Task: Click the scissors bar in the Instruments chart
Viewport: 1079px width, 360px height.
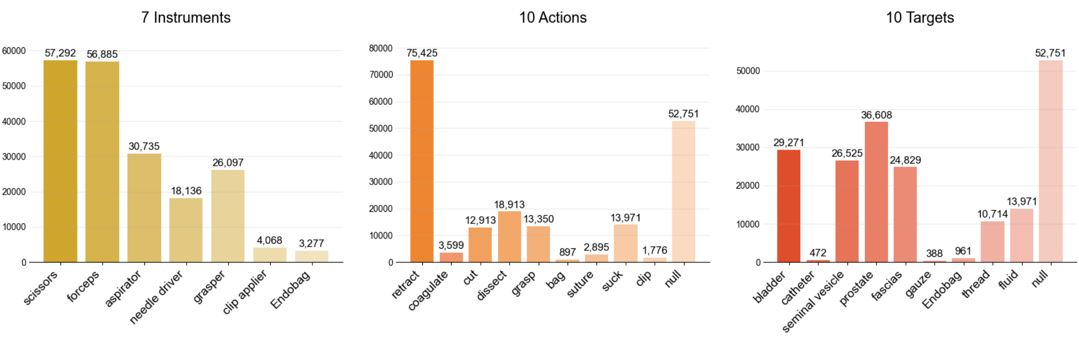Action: tap(60, 161)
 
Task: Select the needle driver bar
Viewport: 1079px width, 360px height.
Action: tap(186, 230)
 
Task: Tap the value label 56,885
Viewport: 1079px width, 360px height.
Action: tap(102, 54)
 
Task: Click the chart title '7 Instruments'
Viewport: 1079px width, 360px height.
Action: tap(186, 18)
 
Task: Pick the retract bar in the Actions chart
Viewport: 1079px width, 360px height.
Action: tap(422, 161)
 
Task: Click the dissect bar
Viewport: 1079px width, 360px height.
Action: tap(509, 236)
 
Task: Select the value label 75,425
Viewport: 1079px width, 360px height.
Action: tap(422, 53)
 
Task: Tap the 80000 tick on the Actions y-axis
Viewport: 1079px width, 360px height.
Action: tap(381, 48)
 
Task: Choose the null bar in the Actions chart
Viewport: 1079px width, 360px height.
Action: tap(683, 191)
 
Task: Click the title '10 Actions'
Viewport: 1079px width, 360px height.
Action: tap(553, 18)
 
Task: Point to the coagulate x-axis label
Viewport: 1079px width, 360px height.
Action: tap(428, 291)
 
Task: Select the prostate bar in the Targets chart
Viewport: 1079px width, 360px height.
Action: tap(876, 192)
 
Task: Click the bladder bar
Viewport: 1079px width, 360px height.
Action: tap(789, 206)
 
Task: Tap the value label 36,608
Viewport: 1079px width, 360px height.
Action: tap(876, 115)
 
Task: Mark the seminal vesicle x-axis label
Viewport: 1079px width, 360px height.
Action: tap(813, 302)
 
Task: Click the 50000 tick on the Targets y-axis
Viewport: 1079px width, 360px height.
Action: tap(748, 71)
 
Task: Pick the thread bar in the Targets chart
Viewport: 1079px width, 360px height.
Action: tap(992, 241)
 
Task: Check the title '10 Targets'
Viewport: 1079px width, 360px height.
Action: tap(920, 18)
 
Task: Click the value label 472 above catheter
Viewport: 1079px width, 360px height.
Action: tap(818, 253)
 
